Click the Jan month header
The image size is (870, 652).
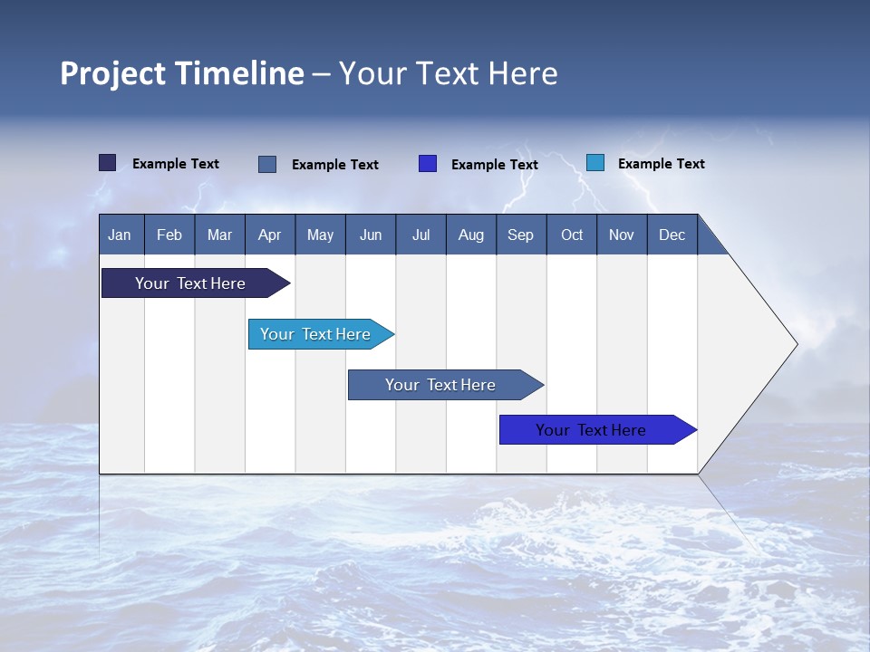pyautogui.click(x=120, y=235)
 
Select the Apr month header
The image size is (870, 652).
pyautogui.click(x=269, y=235)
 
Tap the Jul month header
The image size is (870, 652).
pyautogui.click(x=420, y=235)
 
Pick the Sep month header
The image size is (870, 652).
pyautogui.click(x=520, y=235)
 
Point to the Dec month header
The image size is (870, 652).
pyautogui.click(x=672, y=235)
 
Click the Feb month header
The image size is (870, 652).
pyautogui.click(x=169, y=235)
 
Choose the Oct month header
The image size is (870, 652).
pyautogui.click(x=572, y=235)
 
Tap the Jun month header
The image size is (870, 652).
pyautogui.click(x=371, y=235)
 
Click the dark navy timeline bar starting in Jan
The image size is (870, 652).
pyautogui.click(x=191, y=283)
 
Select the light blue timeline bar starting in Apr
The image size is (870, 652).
pyautogui.click(x=316, y=334)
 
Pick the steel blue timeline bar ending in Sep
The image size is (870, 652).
pyautogui.click(x=440, y=385)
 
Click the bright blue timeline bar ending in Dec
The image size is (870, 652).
pyautogui.click(x=592, y=430)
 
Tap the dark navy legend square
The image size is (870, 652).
pyautogui.click(x=108, y=163)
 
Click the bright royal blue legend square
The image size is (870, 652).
pyautogui.click(x=428, y=164)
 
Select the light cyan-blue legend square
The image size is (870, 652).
pyautogui.click(x=595, y=163)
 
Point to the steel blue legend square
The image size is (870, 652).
pyautogui.click(x=267, y=164)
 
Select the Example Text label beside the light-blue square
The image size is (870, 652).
pyautogui.click(x=661, y=164)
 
